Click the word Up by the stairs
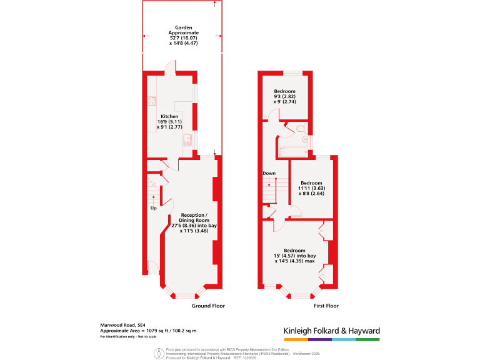(153, 207)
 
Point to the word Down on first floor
(269, 173)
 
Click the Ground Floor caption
(208, 306)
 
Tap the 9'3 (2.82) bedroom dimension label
(284, 97)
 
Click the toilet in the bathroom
(301, 129)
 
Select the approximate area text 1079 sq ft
(149, 331)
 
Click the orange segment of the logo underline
(289, 339)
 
